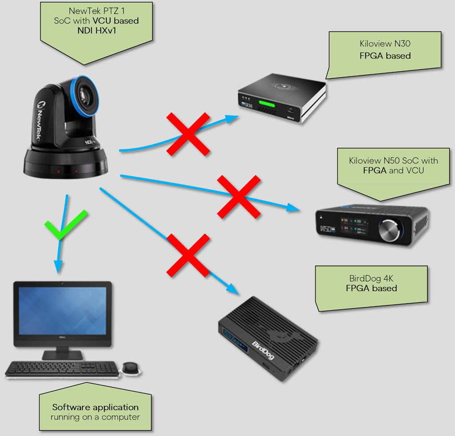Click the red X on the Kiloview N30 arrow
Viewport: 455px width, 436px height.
[188, 134]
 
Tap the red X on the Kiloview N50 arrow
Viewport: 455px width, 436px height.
[239, 196]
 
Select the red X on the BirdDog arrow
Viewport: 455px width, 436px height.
[188, 255]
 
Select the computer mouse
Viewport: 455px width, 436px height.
[130, 367]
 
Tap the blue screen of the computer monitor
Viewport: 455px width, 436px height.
[62, 310]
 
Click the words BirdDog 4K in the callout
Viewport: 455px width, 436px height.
[371, 279]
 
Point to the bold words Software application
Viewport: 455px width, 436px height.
[95, 407]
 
